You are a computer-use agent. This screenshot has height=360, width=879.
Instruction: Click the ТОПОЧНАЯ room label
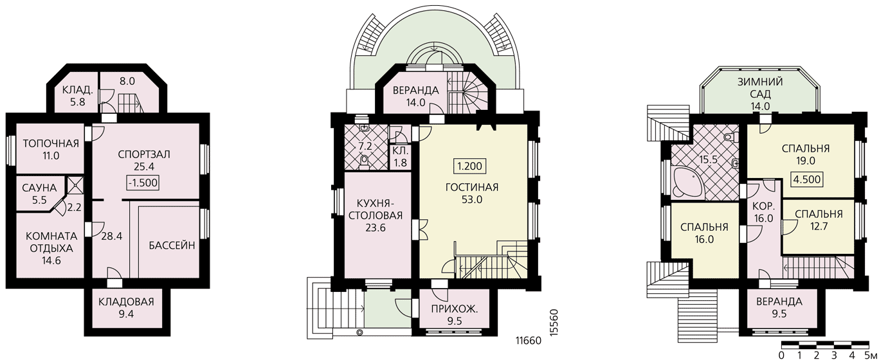click(x=51, y=143)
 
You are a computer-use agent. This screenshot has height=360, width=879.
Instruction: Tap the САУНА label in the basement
click(x=39, y=188)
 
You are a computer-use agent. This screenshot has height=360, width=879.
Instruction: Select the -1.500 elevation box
click(x=143, y=183)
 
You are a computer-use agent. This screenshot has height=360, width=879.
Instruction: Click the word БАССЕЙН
click(x=172, y=246)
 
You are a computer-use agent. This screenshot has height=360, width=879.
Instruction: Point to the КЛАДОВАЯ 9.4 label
click(x=126, y=308)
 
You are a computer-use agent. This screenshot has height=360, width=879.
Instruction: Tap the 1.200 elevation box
click(x=469, y=166)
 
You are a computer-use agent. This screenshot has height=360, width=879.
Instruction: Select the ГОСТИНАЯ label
click(x=472, y=188)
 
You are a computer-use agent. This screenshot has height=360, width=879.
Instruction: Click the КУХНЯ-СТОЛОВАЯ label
click(x=376, y=210)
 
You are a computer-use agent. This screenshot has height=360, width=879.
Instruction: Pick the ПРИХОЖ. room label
click(x=455, y=309)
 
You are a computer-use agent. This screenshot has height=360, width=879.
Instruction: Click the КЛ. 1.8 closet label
click(x=400, y=157)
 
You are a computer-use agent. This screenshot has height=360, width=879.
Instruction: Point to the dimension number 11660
click(x=528, y=341)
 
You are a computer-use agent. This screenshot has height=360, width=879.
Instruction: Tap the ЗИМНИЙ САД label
click(x=760, y=88)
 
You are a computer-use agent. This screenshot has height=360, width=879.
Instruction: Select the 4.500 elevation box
click(x=807, y=179)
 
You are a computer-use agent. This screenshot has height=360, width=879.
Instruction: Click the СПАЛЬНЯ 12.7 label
click(x=819, y=220)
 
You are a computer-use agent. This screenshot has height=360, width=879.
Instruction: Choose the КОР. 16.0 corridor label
click(x=763, y=212)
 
